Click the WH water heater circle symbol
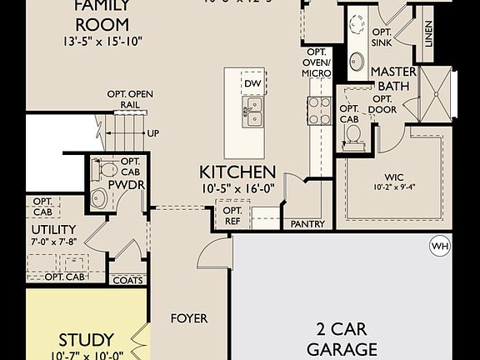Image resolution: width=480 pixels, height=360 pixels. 439,246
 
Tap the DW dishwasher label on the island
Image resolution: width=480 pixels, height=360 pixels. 253,83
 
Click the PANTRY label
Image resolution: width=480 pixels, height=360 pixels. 307,224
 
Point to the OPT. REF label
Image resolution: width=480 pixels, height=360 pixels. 232,216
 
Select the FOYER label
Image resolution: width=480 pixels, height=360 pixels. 189,318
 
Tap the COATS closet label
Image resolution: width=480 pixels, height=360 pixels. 127,281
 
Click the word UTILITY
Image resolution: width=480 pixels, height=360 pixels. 54,229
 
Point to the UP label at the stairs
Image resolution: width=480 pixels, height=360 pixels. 153,132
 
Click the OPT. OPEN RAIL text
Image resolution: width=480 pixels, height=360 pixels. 129,99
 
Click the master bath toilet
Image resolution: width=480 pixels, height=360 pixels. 352,135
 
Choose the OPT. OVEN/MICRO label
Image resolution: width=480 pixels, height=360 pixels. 316,62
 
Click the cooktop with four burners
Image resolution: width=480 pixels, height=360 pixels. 319,111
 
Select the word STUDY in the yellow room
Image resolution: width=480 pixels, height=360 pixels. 86,340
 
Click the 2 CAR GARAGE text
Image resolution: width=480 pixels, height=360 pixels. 342,337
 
